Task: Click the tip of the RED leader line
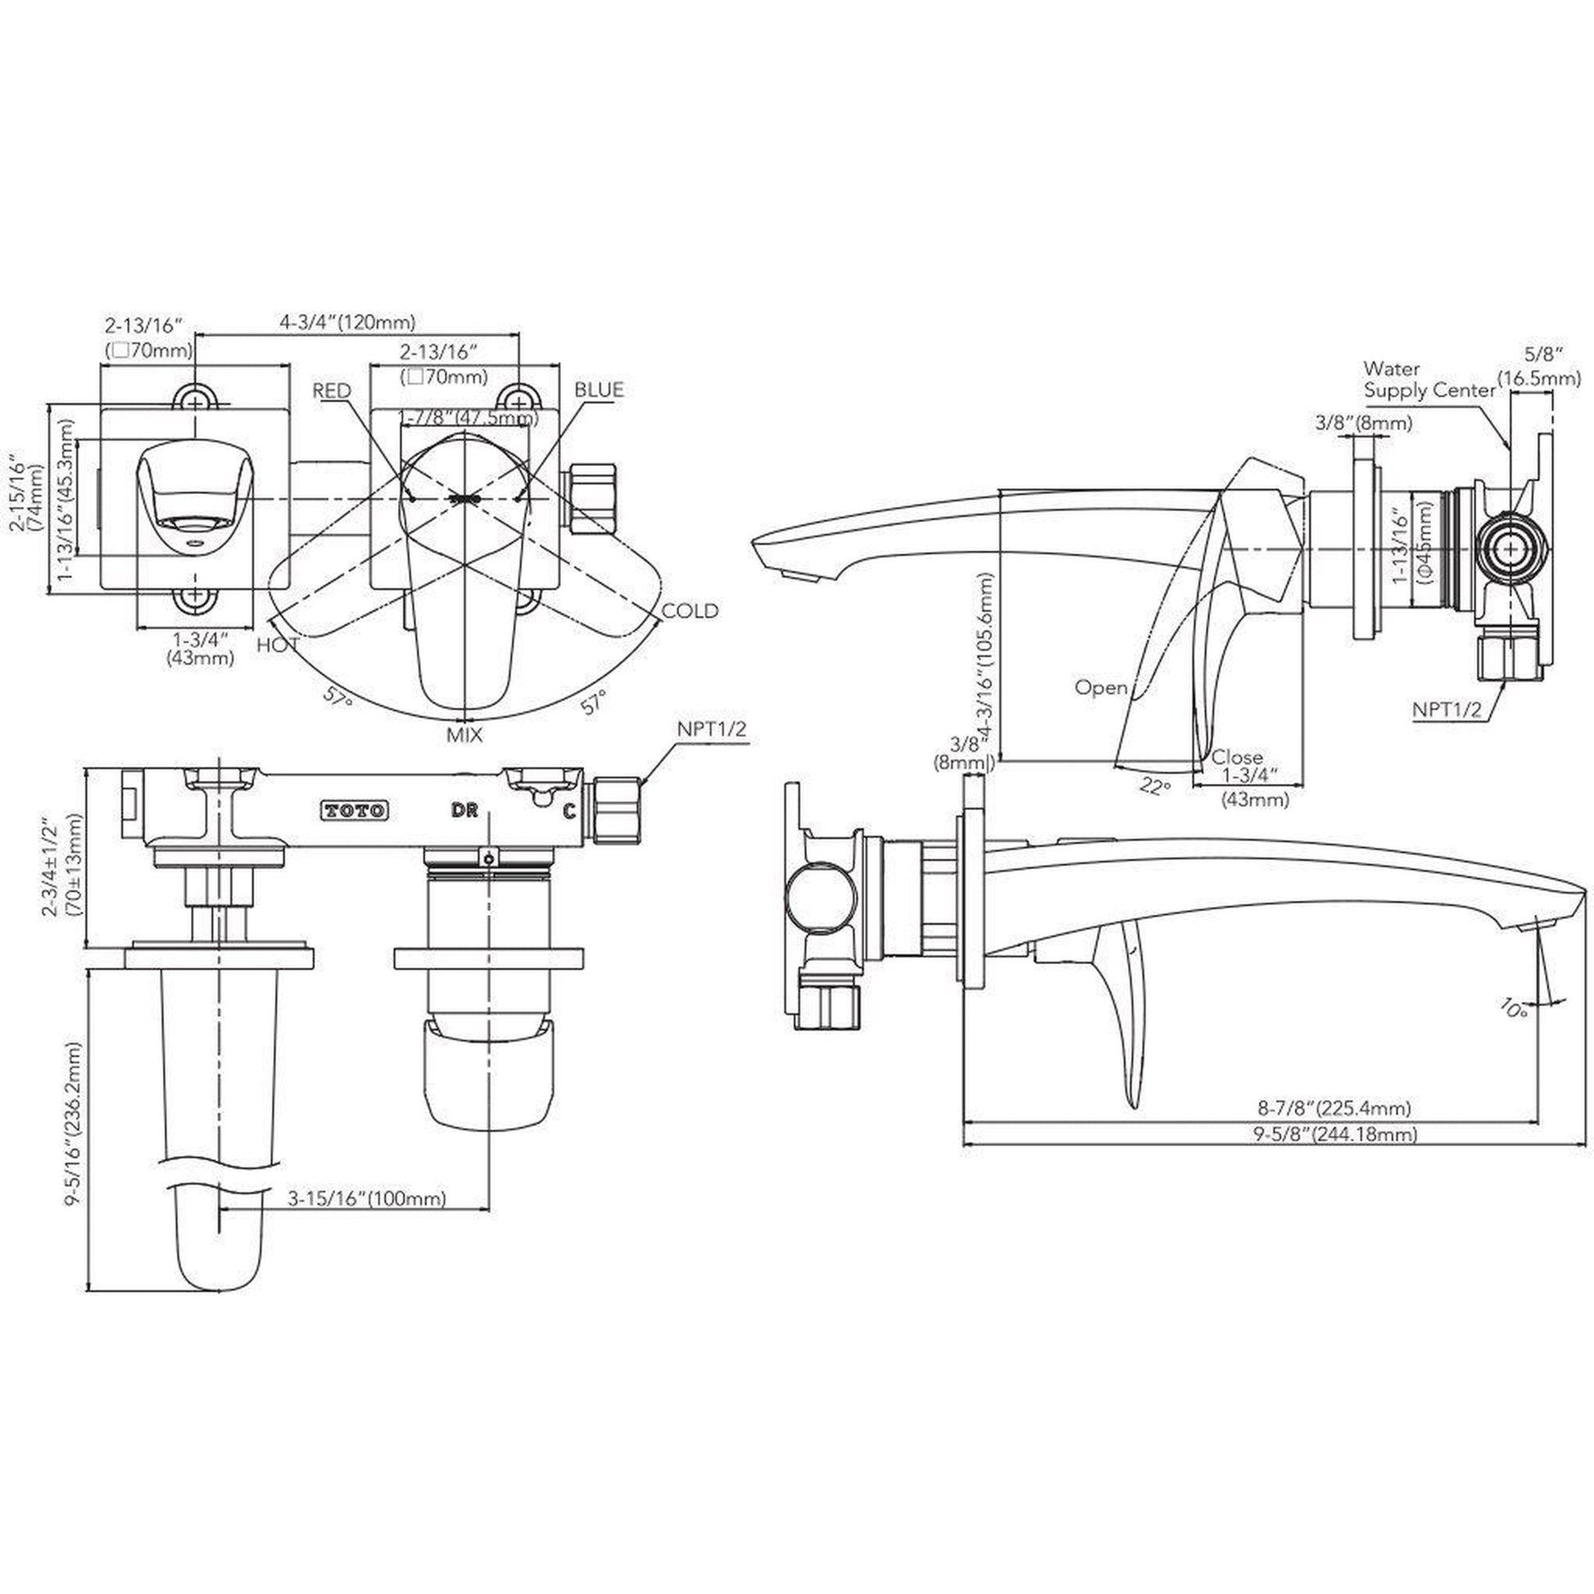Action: (411, 497)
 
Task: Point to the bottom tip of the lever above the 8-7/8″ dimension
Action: (1134, 1107)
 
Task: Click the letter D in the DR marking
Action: (457, 810)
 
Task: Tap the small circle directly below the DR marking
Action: (490, 858)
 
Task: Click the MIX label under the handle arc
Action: (464, 735)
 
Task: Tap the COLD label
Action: (691, 610)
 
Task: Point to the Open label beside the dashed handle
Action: (1101, 687)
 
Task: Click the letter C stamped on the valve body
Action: (568, 811)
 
